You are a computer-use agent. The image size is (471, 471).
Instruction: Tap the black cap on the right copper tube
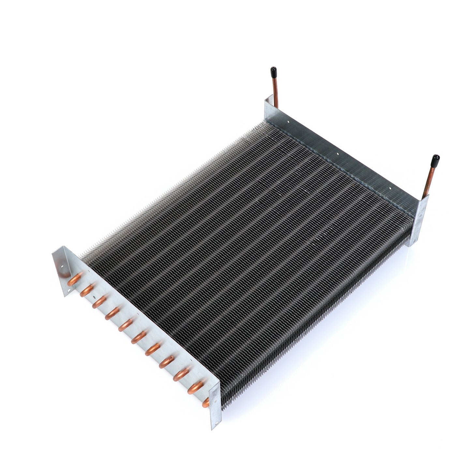(x=435, y=160)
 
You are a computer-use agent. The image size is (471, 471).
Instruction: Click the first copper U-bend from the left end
(x=75, y=279)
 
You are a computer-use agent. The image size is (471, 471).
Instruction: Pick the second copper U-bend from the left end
(x=87, y=290)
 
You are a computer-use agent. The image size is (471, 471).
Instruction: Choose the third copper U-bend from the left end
(x=99, y=302)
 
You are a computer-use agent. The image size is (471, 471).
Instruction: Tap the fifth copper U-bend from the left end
(x=125, y=325)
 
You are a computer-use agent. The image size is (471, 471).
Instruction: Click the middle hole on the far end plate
(x=338, y=152)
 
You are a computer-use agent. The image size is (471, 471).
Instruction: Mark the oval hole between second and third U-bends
(x=94, y=297)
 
